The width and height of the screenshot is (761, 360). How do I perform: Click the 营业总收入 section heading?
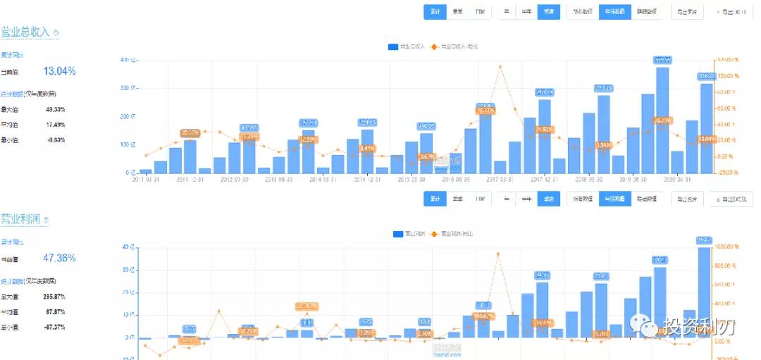coord(25,32)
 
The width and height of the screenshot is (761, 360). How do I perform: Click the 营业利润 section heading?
coord(20,219)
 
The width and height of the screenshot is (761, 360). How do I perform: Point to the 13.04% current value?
coord(60,71)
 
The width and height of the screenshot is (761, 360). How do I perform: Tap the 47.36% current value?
coord(60,258)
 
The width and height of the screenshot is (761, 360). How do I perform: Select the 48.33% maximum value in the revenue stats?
coord(55,109)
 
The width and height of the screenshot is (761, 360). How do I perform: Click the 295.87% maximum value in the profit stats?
coord(55,297)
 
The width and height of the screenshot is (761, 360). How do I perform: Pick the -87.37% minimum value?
coord(55,328)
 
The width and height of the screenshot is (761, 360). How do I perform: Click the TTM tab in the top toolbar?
coord(480,12)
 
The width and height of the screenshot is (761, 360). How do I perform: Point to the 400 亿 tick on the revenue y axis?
coord(128,60)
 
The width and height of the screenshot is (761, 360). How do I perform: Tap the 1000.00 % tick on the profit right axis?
coord(729,247)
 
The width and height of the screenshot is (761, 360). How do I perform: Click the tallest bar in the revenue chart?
coord(662,120)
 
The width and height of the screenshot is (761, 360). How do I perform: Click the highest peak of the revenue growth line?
coord(500,66)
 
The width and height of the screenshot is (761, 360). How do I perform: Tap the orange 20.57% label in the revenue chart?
coord(190,132)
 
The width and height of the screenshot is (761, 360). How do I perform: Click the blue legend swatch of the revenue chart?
coord(393,47)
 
